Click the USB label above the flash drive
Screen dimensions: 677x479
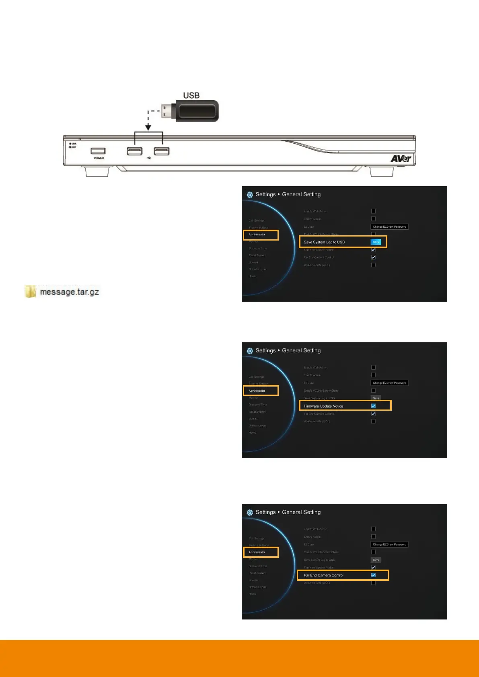[191, 95]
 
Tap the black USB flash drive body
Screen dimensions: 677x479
[196, 111]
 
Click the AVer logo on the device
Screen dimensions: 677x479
[401, 158]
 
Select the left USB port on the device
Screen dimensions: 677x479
[134, 151]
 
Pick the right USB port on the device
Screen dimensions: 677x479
[161, 151]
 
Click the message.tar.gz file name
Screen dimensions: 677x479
[69, 292]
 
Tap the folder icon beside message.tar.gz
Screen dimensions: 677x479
[30, 291]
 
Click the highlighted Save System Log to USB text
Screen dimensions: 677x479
[324, 242]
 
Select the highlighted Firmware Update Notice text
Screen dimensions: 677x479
[323, 406]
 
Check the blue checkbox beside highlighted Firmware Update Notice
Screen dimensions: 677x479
[373, 406]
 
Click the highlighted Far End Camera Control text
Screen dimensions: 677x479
[323, 575]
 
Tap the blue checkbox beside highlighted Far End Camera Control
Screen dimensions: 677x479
[373, 575]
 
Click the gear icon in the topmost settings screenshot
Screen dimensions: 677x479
[250, 195]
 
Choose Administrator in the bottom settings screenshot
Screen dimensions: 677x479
[257, 552]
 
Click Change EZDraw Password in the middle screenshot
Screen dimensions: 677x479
[389, 383]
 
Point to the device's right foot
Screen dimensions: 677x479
[382, 172]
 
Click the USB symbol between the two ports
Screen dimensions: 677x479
[149, 158]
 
